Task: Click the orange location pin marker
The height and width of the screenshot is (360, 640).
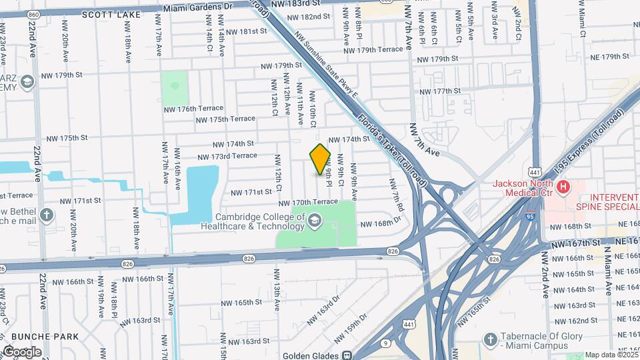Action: point(320,159)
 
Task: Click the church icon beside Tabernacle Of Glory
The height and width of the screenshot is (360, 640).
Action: point(491,339)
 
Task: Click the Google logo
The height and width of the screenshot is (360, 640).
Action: point(21,351)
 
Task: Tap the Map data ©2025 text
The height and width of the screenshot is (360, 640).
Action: point(611,355)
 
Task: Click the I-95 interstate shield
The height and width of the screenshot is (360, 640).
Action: point(530,216)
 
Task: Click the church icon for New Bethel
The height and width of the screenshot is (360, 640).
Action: point(46,215)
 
